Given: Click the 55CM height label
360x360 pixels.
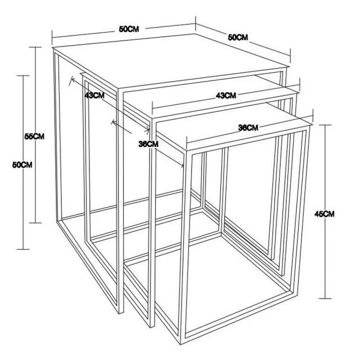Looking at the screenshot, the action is (34, 136).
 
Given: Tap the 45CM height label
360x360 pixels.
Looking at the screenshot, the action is (325, 214).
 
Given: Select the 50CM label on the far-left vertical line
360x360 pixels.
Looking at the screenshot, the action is (22, 165).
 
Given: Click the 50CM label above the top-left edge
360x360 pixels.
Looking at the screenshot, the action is (129, 29).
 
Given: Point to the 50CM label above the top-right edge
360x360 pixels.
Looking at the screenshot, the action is (238, 37).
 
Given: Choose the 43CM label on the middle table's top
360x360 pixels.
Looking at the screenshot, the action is (226, 95).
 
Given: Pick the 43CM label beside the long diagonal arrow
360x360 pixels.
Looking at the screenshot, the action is (94, 95).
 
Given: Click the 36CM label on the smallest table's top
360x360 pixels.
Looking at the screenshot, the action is (248, 128).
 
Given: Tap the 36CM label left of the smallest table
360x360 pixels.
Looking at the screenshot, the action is (148, 144).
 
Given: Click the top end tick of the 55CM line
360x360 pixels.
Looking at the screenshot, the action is (35, 47).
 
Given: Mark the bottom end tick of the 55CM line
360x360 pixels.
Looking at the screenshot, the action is (35, 223).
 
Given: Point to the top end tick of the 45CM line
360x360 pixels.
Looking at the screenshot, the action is (325, 125).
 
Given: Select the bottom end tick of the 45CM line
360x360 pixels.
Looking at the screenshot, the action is (325, 299).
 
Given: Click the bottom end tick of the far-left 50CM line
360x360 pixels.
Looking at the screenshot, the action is (23, 249).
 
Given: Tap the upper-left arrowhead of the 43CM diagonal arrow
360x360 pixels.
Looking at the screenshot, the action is (72, 79).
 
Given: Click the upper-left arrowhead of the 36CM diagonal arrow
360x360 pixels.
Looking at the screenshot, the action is (112, 121).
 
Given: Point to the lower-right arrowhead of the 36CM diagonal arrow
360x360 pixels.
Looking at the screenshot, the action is (183, 165).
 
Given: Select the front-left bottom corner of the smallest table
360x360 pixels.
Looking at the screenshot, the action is (181, 344).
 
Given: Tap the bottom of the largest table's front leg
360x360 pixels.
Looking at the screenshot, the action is (121, 313).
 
